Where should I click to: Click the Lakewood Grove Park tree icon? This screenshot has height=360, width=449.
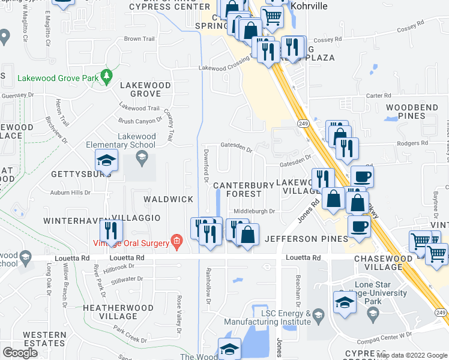click(107, 76)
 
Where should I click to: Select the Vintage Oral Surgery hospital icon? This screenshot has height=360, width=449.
click(176, 242)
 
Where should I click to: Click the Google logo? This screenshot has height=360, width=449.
click(20, 353)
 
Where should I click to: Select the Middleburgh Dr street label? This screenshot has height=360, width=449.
click(254, 211)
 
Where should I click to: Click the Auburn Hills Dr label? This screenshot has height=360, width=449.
click(70, 193)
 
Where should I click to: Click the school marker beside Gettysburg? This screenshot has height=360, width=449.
click(106, 160)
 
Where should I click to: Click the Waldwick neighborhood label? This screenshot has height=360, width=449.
click(168, 199)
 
